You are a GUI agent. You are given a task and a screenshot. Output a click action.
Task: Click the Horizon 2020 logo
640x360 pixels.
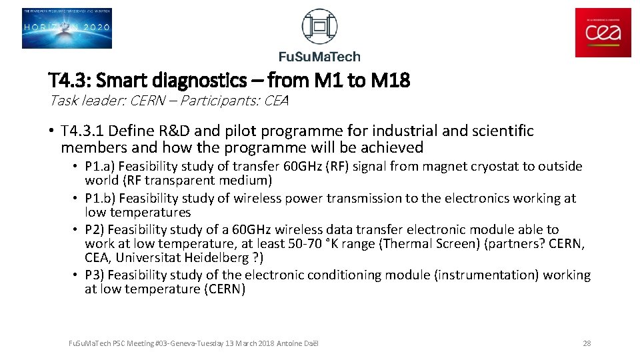[67, 29]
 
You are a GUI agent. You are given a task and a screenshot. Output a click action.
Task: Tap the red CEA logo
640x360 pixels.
[603, 32]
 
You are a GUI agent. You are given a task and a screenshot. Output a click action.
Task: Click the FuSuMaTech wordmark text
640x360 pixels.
[319, 57]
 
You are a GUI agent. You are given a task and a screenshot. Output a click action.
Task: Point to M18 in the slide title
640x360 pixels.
[390, 81]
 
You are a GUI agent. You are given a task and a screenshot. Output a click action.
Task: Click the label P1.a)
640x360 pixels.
[100, 167]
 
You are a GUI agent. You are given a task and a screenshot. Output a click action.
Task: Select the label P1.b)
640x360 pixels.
[100, 199]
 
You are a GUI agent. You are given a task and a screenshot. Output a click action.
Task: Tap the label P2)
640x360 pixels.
[95, 230]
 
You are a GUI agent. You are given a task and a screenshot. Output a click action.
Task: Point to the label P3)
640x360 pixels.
[95, 275]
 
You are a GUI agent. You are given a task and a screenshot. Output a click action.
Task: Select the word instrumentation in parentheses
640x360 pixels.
[493, 275]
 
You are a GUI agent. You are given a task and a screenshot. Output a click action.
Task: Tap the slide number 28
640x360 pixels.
[587, 343]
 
